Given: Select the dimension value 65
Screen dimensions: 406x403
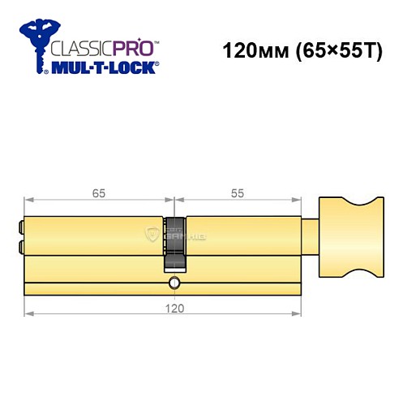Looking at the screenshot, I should click(x=98, y=194).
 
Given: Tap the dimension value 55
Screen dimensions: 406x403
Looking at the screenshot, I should click(x=236, y=194).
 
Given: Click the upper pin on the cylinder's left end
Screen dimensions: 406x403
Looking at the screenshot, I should click(x=20, y=227).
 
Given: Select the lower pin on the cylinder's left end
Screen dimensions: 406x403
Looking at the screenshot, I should click(x=20, y=246).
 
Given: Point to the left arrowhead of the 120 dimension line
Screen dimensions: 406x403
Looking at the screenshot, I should click(x=28, y=313).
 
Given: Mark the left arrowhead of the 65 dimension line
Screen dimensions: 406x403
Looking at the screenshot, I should click(x=28, y=200).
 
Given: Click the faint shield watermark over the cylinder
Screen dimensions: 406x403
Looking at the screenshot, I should click(x=152, y=235).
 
